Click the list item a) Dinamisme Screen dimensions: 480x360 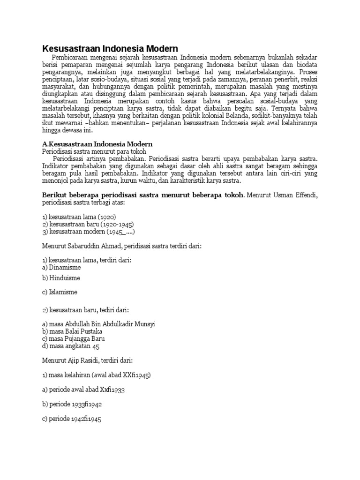(x=61, y=268)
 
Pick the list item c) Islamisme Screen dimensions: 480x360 (x=60, y=292)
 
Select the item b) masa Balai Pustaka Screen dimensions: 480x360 (x=72, y=331)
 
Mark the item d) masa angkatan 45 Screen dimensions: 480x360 (x=71, y=346)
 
